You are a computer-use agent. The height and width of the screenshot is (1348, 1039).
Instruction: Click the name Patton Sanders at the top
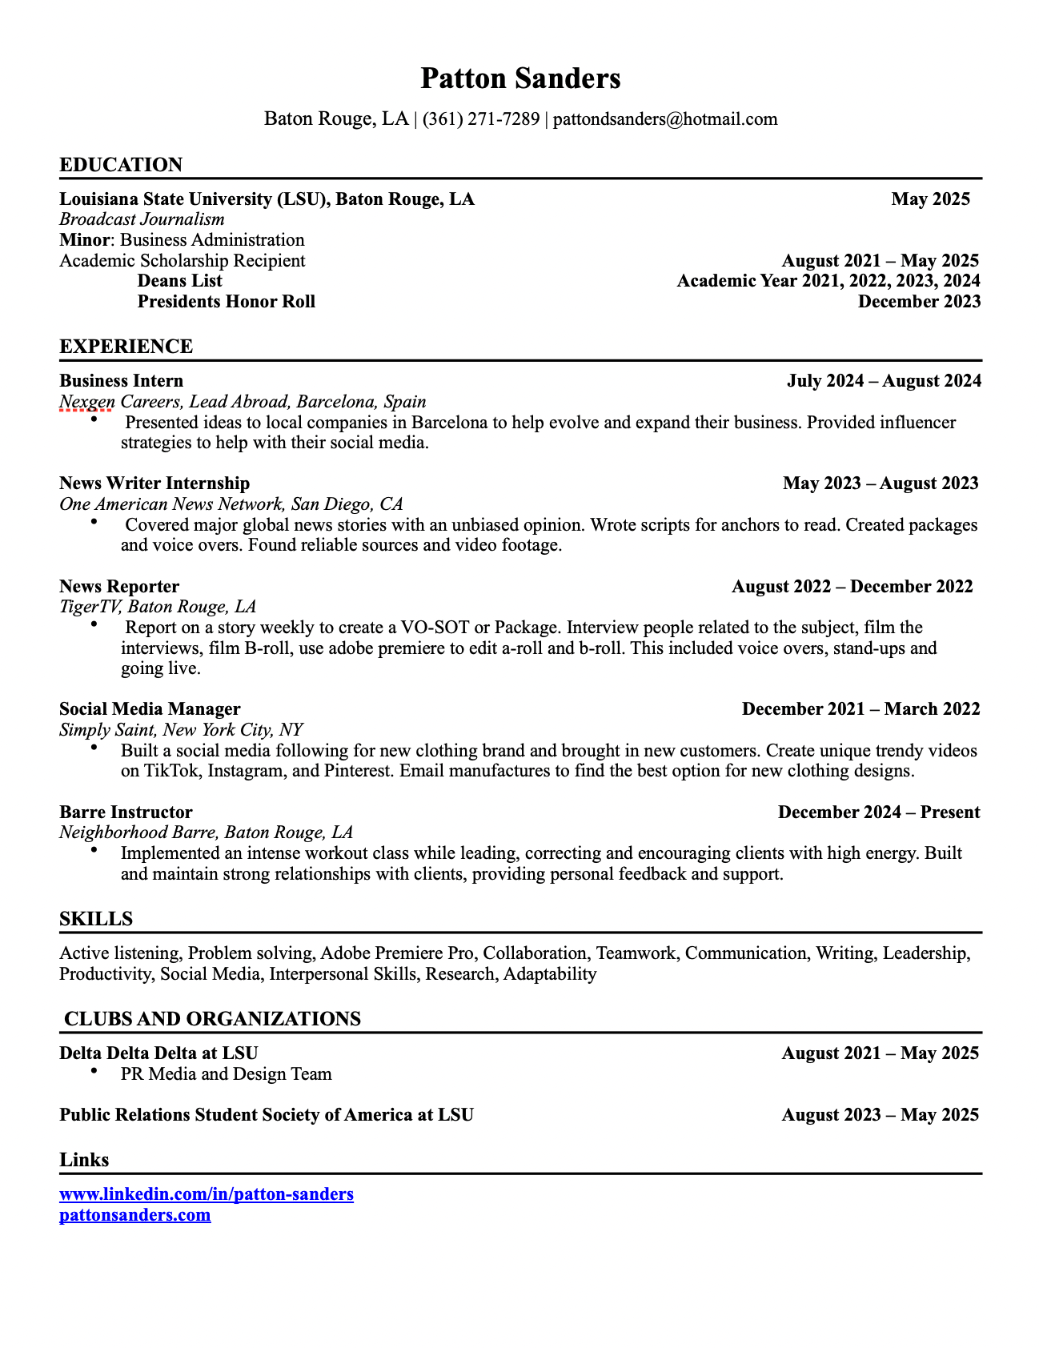[520, 78]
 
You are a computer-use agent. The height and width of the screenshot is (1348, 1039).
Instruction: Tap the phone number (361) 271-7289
[481, 119]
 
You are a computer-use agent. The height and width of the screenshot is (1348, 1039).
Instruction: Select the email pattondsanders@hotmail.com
[665, 119]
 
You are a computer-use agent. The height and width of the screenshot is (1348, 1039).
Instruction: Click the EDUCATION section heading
[121, 165]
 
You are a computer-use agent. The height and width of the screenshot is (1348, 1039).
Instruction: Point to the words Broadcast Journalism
[142, 219]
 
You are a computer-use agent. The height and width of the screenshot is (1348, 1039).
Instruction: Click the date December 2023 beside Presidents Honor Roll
[919, 302]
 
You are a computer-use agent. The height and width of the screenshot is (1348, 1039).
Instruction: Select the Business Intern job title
[121, 381]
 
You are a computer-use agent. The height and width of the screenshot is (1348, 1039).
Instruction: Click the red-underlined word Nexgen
[87, 402]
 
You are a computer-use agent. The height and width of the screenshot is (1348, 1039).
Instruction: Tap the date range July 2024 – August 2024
[884, 381]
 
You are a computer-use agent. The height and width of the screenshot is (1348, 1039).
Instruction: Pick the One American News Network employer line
[231, 504]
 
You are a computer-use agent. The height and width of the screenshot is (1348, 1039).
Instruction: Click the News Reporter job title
[119, 587]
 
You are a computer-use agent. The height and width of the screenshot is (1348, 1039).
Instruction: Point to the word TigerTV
[90, 607]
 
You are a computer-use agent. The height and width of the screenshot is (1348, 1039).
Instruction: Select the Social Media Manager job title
[150, 709]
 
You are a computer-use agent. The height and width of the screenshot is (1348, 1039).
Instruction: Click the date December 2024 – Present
[879, 812]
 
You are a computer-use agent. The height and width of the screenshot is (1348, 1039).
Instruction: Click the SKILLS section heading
[96, 919]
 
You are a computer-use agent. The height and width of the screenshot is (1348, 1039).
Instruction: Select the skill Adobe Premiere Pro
[397, 953]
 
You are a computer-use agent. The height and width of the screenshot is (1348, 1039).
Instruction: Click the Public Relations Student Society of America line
[267, 1115]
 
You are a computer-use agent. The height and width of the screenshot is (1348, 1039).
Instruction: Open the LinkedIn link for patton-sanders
[207, 1194]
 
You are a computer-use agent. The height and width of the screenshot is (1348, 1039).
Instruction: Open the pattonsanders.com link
[135, 1215]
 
